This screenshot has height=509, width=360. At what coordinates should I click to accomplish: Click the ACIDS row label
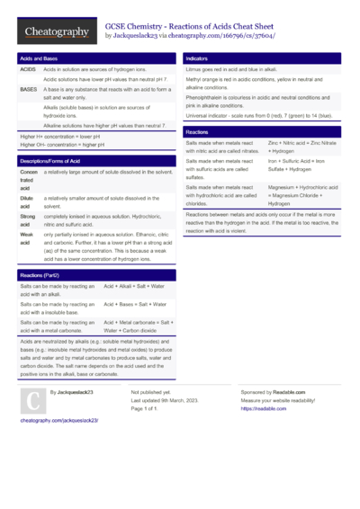click(28, 68)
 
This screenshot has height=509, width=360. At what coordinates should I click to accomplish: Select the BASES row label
click(28, 90)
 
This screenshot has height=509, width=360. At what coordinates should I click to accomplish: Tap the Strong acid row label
click(28, 221)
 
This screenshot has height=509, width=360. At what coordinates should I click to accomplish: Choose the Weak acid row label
click(28, 238)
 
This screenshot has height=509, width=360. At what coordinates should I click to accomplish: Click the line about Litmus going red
click(230, 68)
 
